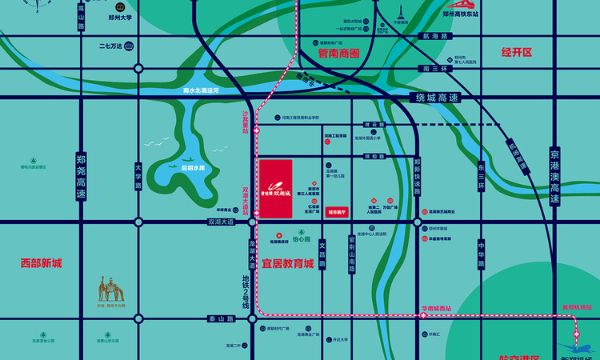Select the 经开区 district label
point(517,52)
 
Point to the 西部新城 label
point(42,263)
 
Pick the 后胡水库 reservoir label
point(192,168)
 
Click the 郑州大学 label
point(120,15)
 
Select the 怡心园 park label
point(301,239)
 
